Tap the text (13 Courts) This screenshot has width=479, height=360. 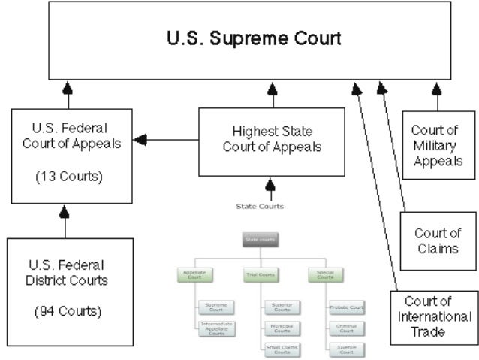point(68,178)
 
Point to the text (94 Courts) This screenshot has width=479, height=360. point(68,310)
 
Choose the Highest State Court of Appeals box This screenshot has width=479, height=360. point(272,140)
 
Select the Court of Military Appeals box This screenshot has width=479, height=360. point(437,146)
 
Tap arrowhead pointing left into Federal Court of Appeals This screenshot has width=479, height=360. point(140,140)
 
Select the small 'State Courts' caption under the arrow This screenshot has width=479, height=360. point(260,206)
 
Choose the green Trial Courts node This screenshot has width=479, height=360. point(261,275)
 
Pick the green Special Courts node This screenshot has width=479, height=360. point(324,276)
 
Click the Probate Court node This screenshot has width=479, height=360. point(347,307)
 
